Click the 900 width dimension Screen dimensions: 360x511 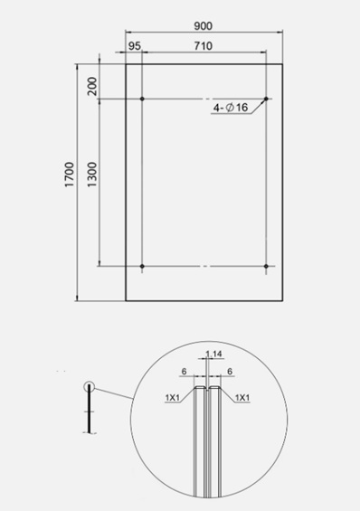(x=203, y=25)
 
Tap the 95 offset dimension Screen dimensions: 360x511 (x=134, y=46)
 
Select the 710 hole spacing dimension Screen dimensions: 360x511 (x=204, y=46)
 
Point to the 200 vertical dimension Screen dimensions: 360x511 (x=92, y=86)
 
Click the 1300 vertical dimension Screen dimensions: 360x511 (x=92, y=175)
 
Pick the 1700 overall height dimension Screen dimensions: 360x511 (x=70, y=175)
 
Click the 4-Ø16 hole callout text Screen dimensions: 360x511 (x=231, y=108)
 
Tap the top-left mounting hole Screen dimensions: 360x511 (x=142, y=99)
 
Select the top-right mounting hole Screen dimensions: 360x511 (x=266, y=99)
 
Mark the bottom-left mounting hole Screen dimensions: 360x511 (x=142, y=266)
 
